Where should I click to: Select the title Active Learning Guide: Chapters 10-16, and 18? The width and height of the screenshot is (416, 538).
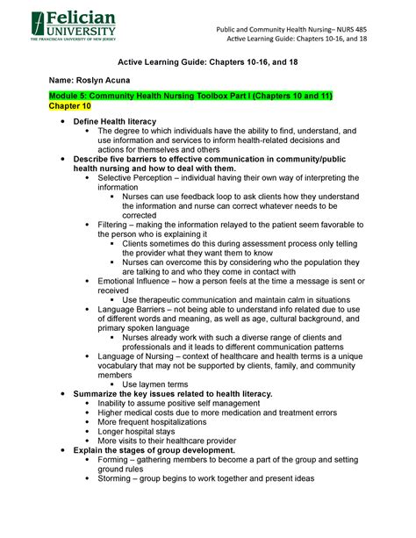point(207,60)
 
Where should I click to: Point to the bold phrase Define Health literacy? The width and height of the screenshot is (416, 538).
point(115,120)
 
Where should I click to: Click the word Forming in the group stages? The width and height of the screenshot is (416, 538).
point(114,460)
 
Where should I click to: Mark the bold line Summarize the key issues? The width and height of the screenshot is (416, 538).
point(173,394)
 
